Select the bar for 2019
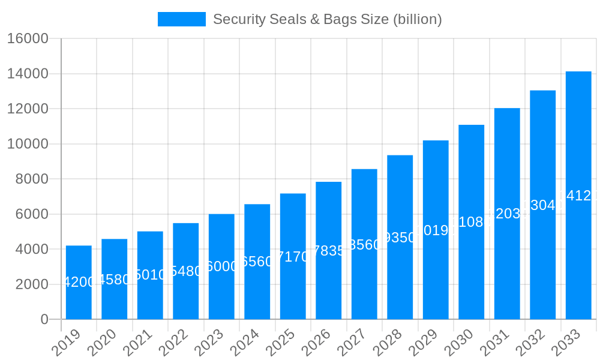(79, 282)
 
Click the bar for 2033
(578, 195)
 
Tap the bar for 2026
(328, 250)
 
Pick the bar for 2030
(471, 222)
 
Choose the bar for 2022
(185, 271)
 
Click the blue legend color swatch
(181, 19)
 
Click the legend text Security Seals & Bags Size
(327, 19)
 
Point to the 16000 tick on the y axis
(28, 39)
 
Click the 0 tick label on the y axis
(44, 320)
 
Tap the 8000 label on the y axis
(32, 179)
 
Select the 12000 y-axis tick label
(28, 109)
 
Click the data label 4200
(79, 282)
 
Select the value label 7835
(328, 251)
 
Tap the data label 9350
(400, 238)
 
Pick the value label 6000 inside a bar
(221, 266)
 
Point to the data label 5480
(185, 271)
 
